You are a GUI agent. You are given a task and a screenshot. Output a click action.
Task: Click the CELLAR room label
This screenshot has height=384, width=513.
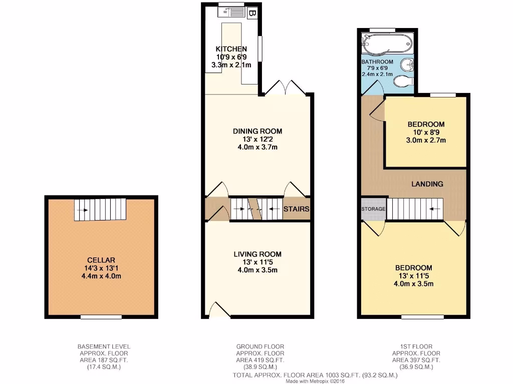tap(101, 260)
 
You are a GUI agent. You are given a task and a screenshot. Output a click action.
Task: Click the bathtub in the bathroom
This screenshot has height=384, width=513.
tap(386, 45)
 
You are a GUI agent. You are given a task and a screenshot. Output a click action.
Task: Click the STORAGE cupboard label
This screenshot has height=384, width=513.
tap(373, 209)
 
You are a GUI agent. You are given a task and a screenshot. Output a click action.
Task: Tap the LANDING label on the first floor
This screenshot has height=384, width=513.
tap(427, 184)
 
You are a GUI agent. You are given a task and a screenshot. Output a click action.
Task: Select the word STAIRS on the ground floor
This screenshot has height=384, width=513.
tap(296, 209)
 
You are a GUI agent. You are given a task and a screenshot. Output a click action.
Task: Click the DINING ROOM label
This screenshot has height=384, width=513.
tap(258, 131)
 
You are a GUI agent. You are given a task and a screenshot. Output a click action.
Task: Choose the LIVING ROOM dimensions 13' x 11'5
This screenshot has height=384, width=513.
tap(258, 262)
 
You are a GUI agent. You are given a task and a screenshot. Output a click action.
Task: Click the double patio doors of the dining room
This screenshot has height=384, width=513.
tap(285, 88)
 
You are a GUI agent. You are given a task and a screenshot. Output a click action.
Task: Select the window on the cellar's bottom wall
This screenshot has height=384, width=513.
tap(101, 316)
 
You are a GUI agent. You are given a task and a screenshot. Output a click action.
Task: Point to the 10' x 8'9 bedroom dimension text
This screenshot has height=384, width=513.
tap(426, 132)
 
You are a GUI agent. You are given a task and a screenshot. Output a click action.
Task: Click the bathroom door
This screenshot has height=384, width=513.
tap(372, 88)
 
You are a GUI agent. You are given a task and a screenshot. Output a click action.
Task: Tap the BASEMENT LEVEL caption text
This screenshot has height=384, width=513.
tap(104, 346)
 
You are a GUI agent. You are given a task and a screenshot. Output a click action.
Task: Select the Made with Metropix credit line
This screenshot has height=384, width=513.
tap(316, 380)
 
